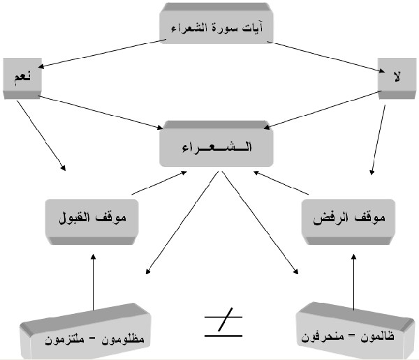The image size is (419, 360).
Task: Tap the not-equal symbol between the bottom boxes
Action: [x=223, y=324]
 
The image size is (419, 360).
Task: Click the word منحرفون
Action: [x=321, y=338]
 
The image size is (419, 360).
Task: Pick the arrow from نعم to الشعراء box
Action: [x=98, y=112]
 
